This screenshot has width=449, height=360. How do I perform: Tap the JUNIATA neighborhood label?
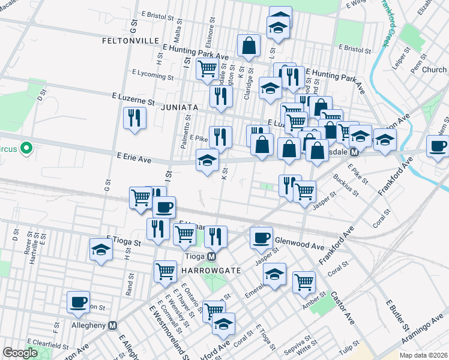tap(179, 107)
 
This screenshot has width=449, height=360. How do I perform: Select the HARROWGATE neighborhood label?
tap(210, 271)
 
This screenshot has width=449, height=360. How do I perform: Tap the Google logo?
tap(19, 353)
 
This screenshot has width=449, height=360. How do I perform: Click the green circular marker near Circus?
tap(26, 148)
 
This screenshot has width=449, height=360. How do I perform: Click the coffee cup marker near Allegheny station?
tap(77, 302)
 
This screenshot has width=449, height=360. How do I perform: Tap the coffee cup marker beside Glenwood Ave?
tap(261, 238)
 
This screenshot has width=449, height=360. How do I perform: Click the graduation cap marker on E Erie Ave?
tap(206, 160)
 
